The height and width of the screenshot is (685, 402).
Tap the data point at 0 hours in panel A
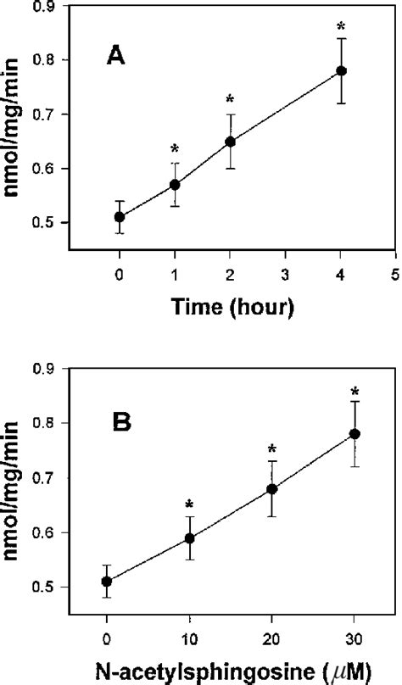(x=120, y=217)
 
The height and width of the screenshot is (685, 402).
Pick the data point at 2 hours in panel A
(x=231, y=142)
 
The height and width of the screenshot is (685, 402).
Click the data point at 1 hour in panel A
(x=175, y=185)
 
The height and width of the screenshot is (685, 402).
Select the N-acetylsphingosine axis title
(x=229, y=671)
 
